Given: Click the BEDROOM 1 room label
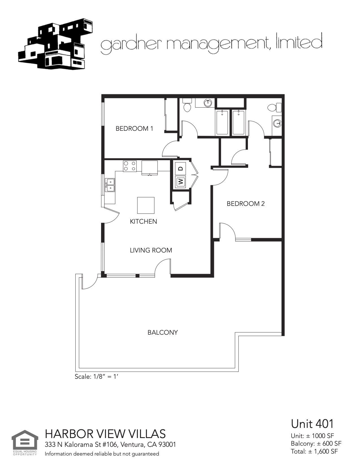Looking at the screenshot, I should pyautogui.click(x=134, y=129).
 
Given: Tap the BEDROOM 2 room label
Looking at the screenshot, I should pyautogui.click(x=246, y=204).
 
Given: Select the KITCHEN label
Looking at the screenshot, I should pyautogui.click(x=143, y=222).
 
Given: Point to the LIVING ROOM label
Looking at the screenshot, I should pyautogui.click(x=151, y=251).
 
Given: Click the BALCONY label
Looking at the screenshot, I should pyautogui.click(x=163, y=333).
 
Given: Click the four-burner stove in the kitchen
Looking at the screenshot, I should pyautogui.click(x=130, y=166).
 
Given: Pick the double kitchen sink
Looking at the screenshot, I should pyautogui.click(x=110, y=185).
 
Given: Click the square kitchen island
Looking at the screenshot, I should pyautogui.click(x=146, y=205).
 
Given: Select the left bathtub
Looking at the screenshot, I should pyautogui.click(x=222, y=123).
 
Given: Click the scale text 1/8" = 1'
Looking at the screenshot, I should pyautogui.click(x=96, y=376).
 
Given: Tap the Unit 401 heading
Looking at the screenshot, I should pyautogui.click(x=312, y=424).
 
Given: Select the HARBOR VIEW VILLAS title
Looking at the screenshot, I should pyautogui.click(x=105, y=434).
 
